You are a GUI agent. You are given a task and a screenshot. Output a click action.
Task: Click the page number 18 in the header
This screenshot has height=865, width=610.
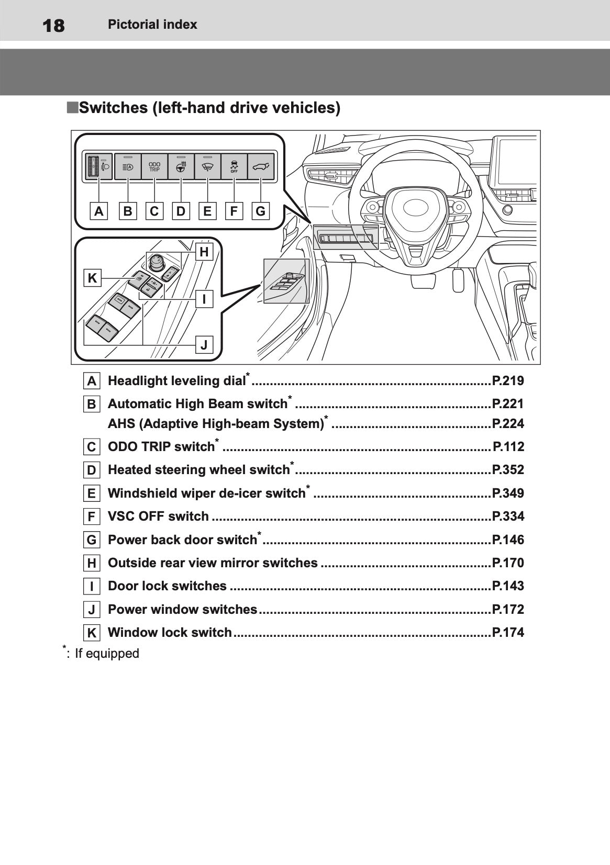[53, 26]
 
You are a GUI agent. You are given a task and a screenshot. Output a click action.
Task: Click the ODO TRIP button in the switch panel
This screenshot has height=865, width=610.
[154, 166]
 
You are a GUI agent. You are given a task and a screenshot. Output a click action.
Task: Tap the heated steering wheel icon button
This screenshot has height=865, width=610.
[181, 166]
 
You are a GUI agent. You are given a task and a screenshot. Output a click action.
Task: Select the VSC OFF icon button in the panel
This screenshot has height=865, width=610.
[234, 166]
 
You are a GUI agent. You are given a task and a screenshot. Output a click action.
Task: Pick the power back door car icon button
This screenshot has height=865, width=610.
[261, 166]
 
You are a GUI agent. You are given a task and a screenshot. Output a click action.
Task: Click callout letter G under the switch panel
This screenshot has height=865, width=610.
[260, 211]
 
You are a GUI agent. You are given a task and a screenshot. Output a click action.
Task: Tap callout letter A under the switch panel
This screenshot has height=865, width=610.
[98, 211]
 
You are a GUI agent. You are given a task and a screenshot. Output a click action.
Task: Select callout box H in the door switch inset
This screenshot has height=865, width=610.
[204, 252]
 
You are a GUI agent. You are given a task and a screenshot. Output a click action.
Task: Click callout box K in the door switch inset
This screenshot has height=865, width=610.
[92, 278]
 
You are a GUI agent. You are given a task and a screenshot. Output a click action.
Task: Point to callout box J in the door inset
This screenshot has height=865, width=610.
[204, 344]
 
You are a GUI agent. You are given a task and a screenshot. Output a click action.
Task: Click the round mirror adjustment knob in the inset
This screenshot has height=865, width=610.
[156, 262]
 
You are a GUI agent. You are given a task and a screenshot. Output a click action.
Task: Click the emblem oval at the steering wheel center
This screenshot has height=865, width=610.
[416, 208]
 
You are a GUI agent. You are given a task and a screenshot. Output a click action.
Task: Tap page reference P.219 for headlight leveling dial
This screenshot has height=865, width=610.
[508, 381]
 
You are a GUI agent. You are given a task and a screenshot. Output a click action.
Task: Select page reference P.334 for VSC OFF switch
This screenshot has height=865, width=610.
[508, 516]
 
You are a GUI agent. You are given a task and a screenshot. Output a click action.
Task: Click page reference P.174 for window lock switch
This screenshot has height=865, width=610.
[508, 633]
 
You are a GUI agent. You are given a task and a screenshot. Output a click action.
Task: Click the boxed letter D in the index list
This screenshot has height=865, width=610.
[92, 470]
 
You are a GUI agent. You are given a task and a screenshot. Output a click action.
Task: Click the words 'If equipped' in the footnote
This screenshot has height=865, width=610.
[107, 654]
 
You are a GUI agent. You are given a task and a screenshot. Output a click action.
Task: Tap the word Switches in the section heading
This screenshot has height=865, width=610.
[114, 108]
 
